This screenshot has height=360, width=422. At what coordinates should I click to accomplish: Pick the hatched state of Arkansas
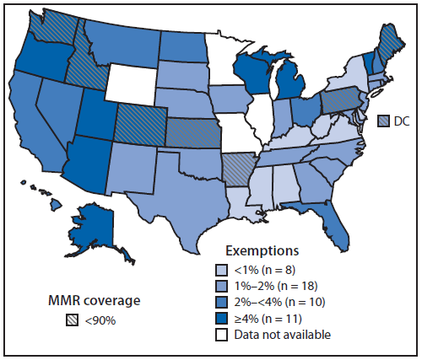pos(239,155)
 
